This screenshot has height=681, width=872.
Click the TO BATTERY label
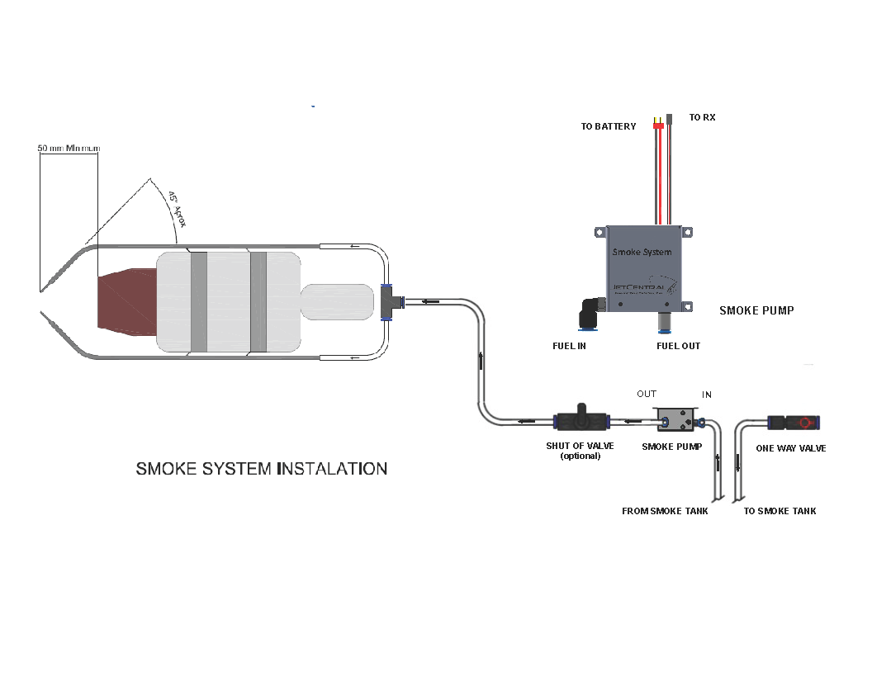608,126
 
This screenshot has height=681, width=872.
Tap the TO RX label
702,118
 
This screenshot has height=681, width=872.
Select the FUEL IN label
569,346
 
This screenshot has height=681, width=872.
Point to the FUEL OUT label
678,346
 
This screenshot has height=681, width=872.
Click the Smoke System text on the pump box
642,252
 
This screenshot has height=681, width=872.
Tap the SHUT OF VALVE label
580,447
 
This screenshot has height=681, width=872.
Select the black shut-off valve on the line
581,422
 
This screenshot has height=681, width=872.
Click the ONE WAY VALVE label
790,448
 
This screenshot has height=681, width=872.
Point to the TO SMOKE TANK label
780,511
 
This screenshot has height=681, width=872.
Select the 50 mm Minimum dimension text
69,149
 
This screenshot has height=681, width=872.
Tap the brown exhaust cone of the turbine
124,300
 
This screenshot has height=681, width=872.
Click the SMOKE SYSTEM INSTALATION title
261,469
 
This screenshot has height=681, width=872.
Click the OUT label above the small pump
646,394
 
